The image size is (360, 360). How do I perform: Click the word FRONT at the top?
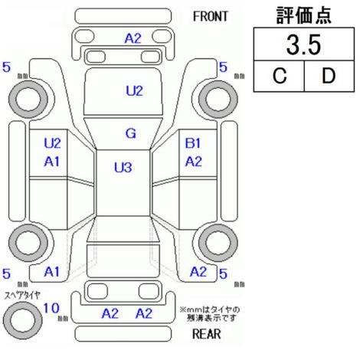tap(210, 17)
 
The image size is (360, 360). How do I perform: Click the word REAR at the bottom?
tap(206, 334)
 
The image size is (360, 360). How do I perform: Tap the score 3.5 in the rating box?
tap(303, 45)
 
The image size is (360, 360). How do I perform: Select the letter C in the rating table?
tap(280, 76)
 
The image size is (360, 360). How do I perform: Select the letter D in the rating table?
tap(329, 76)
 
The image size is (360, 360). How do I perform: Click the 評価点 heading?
tap(304, 15)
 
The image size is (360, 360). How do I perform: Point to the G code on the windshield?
tap(131, 133)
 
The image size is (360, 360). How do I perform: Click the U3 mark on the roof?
tap(123, 168)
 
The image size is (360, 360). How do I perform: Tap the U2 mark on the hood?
tap(134, 91)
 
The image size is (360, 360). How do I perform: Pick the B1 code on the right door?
tap(193, 143)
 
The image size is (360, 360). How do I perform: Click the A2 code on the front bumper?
tap(133, 39)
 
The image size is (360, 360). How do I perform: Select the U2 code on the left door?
tap(52, 143)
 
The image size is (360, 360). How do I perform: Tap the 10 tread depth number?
tap(51, 308)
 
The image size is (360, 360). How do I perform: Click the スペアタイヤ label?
tap(22, 296)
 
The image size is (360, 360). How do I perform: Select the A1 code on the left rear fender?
tap(52, 272)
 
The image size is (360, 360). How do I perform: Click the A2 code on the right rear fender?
tap(198, 272)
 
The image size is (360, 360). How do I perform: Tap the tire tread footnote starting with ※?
tap(210, 314)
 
